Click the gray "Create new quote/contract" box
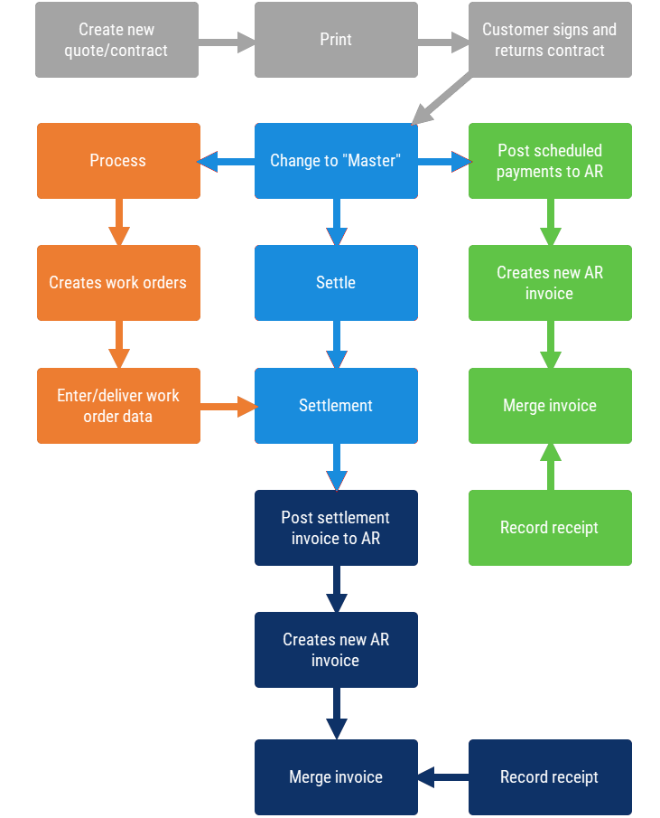point(116,40)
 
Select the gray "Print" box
point(336,40)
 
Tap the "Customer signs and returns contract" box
point(549,40)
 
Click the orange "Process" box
point(117,161)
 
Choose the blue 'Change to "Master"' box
point(336,161)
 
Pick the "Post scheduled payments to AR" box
point(549,161)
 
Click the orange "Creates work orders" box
point(117,283)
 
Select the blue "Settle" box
point(336,283)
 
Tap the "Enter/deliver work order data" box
point(117,406)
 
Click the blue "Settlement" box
point(336,406)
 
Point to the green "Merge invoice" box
point(549,406)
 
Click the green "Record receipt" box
point(549,528)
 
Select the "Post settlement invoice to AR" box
point(336,528)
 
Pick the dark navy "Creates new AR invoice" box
point(336,650)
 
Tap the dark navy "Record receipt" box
point(549,777)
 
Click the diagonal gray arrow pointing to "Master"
point(442,100)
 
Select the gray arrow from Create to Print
point(227,40)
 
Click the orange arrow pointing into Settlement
point(228,407)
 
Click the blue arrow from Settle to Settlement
point(337,344)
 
